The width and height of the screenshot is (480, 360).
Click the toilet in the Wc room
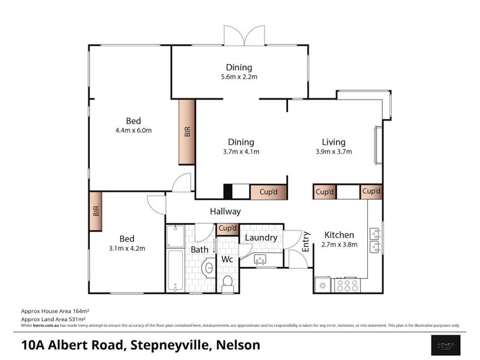point(228,284)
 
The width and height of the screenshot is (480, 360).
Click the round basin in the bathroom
point(208,268)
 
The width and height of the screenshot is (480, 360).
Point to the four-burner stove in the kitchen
point(348,285)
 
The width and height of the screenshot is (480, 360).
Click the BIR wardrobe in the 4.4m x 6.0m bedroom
point(187,132)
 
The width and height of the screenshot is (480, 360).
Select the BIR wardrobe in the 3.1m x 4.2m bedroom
point(96,211)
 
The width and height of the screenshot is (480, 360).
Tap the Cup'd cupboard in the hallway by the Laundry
point(227,229)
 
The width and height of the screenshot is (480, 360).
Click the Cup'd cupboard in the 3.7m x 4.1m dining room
point(268,192)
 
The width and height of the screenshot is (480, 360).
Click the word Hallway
point(225,211)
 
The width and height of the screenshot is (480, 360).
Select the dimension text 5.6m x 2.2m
point(239,77)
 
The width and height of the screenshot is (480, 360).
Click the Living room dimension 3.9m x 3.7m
point(333,152)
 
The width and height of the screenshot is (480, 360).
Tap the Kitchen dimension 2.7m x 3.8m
point(340,244)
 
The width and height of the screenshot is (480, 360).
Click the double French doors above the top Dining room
point(244,35)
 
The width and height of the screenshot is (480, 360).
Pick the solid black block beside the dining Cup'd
point(228,192)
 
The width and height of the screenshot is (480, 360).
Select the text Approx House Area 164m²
point(55,312)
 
